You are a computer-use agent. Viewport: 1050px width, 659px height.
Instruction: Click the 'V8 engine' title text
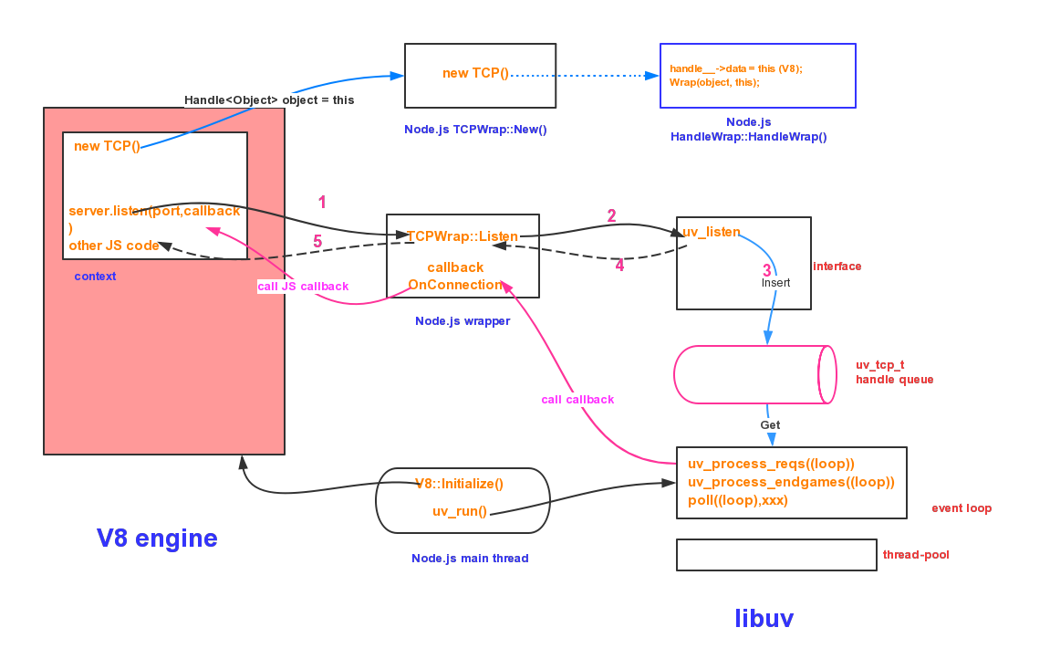point(157,539)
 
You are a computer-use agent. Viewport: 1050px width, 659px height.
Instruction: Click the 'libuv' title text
point(764,619)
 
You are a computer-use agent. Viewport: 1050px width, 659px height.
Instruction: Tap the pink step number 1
point(321,203)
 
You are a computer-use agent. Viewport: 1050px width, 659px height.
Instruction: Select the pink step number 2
point(611,216)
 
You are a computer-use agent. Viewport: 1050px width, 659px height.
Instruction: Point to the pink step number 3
point(767,270)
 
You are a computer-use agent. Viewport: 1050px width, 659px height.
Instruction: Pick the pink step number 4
point(619,266)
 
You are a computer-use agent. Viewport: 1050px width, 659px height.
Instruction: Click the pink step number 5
point(317,242)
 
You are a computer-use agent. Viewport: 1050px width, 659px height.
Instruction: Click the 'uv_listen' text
point(712,232)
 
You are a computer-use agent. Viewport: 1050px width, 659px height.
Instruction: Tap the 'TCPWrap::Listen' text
point(462,236)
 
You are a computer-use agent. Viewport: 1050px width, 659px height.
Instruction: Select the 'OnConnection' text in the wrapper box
point(455,285)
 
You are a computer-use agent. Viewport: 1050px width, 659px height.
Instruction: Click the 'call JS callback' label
point(303,287)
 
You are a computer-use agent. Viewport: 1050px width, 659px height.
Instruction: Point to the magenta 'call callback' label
point(577,400)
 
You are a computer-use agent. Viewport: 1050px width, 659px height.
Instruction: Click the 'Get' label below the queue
point(770,425)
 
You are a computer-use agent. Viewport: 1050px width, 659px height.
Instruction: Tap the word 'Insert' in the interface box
point(775,283)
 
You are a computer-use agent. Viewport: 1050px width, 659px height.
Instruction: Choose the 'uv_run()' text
point(460,511)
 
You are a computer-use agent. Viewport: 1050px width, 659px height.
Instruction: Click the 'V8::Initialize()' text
point(459,484)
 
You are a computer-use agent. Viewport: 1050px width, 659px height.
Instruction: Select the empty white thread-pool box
point(776,555)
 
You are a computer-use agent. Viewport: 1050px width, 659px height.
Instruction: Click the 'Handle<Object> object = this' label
point(270,100)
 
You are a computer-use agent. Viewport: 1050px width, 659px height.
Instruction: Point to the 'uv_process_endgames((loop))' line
point(791,482)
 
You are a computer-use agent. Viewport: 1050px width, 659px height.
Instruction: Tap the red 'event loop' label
point(962,508)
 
